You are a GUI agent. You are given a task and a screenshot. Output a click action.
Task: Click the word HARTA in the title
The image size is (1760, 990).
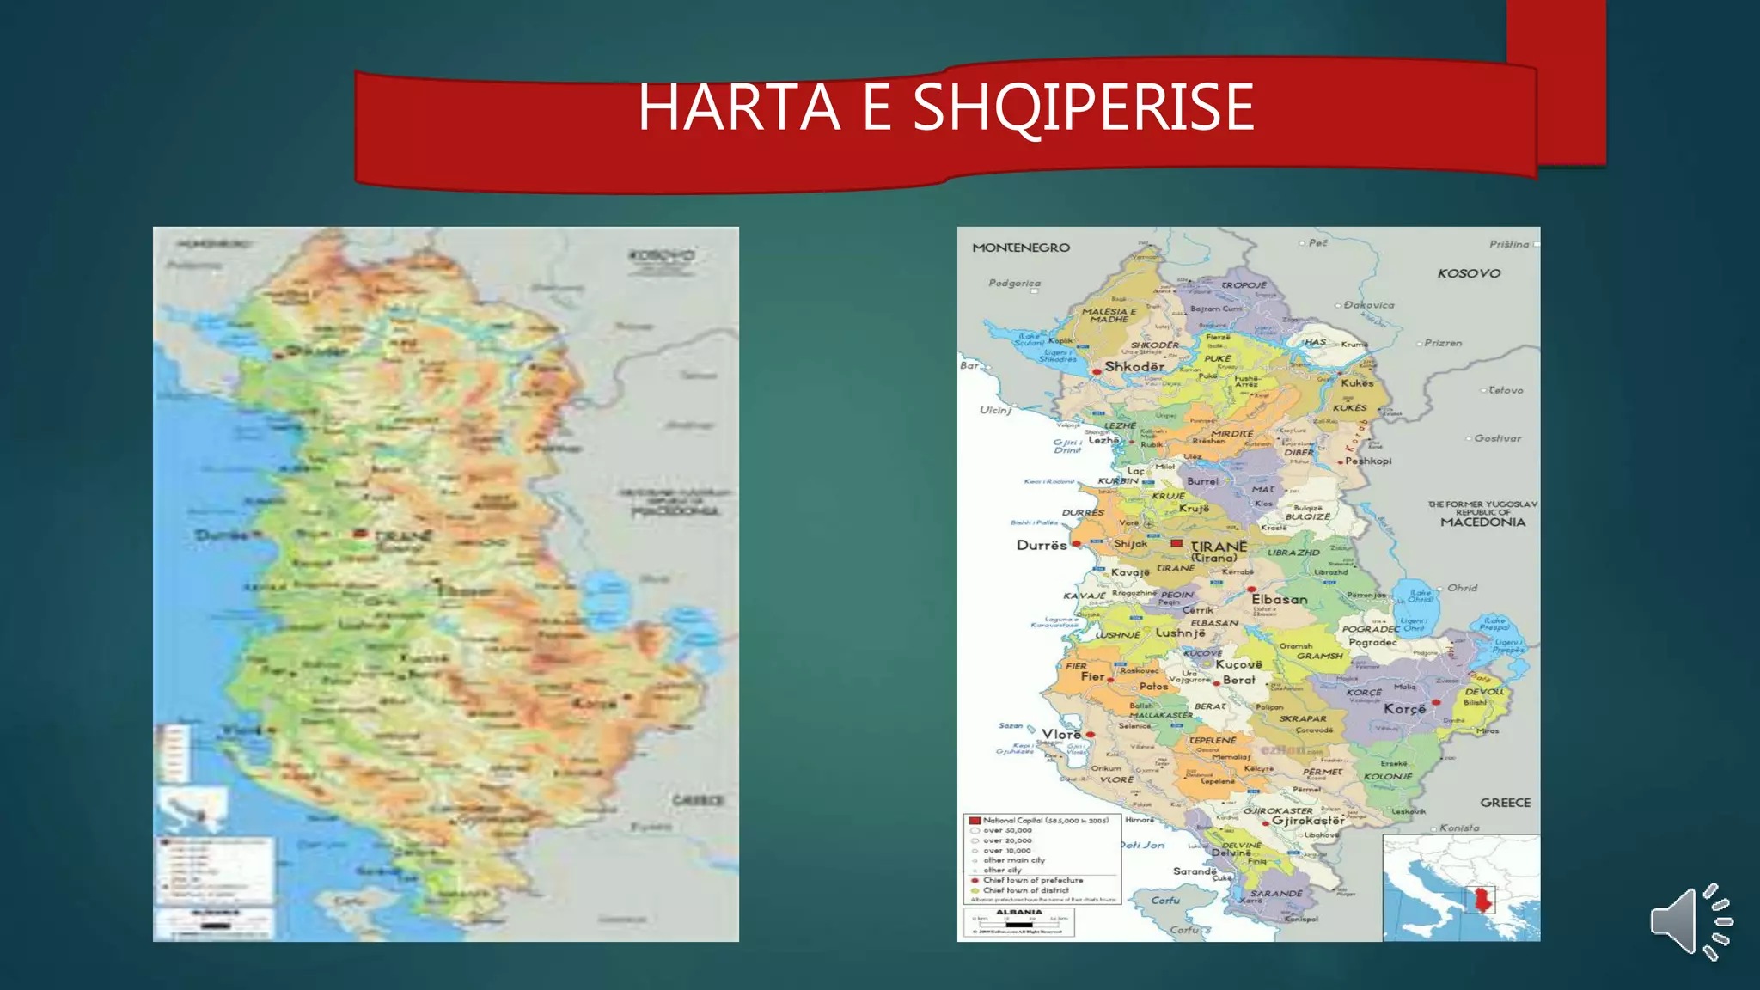click(739, 107)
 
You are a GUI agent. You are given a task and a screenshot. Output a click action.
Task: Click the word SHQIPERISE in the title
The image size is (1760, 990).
click(1083, 109)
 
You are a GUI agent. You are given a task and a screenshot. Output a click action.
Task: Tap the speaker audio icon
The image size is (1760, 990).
click(1690, 921)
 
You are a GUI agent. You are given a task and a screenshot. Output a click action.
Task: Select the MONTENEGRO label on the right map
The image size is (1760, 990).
click(1021, 247)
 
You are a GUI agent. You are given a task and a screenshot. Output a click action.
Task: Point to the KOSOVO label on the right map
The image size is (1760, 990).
click(1469, 273)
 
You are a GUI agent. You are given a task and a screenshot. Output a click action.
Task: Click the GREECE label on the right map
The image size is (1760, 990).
click(1505, 803)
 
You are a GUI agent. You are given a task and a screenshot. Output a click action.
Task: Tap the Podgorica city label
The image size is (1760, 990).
click(1014, 283)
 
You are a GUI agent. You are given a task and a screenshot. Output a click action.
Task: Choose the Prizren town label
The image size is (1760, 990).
click(1443, 343)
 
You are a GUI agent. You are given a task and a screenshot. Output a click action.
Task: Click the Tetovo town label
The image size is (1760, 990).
click(1505, 390)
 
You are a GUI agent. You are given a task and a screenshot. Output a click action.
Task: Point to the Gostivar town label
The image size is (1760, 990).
click(1497, 438)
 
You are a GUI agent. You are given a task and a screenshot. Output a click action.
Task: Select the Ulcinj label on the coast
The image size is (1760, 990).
click(995, 410)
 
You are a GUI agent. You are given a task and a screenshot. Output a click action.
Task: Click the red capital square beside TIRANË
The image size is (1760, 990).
click(1176, 543)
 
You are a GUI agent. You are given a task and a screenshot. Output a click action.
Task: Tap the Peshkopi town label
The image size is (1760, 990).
click(1368, 461)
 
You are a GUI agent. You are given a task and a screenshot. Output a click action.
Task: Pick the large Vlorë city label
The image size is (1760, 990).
click(1061, 735)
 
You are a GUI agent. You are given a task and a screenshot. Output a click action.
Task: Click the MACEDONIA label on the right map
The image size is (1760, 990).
click(1482, 522)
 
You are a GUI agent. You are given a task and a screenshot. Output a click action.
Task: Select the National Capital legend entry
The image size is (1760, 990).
click(1040, 821)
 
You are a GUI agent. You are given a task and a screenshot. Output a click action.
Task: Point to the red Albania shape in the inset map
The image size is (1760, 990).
click(1482, 901)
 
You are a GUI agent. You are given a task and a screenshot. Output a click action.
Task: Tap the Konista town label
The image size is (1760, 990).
click(1459, 828)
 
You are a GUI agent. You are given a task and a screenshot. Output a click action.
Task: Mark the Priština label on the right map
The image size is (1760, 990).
click(1509, 244)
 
